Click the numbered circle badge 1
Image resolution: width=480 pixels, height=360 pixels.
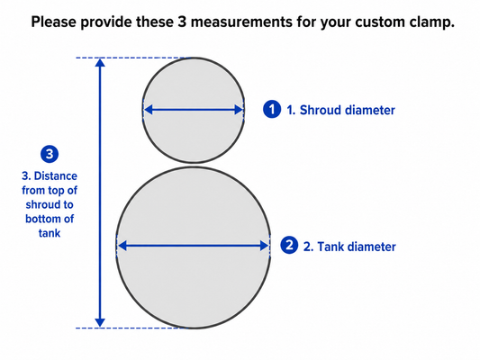272,109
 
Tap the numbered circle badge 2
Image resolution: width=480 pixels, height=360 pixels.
289,246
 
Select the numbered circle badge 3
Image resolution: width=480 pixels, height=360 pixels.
50,154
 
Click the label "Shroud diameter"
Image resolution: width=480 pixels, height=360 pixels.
347,110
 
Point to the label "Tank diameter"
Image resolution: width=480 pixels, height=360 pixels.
357,247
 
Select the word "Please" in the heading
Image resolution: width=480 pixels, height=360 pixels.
53,22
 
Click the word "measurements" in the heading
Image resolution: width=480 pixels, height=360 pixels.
241,22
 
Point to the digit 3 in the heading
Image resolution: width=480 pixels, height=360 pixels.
182,22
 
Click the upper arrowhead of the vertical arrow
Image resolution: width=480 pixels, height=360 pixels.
100,62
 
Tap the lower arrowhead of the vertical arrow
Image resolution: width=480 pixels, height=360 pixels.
100,323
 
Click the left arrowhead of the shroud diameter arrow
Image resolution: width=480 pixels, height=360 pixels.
149,110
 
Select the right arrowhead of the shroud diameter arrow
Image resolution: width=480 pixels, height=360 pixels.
239,110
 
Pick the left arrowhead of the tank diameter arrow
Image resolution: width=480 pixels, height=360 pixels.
122,246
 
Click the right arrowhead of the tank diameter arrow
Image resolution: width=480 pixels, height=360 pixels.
264,246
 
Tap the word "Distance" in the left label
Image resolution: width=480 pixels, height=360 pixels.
56,176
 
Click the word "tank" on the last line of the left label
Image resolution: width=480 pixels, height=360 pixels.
50,233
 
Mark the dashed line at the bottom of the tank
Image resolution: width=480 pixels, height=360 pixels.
130,328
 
